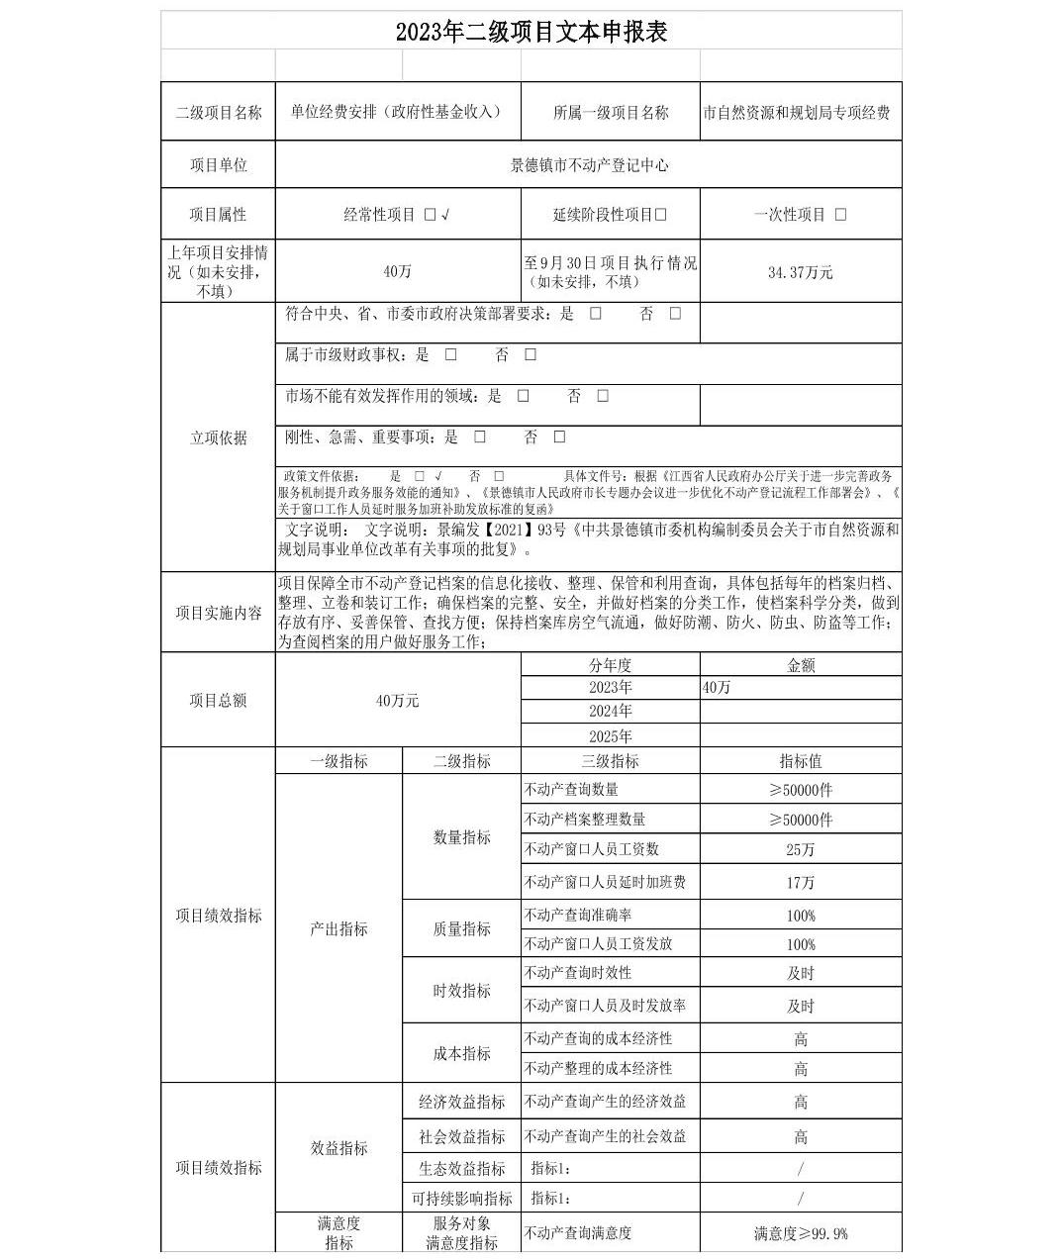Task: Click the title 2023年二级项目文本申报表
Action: [531, 32]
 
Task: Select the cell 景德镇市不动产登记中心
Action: [589, 165]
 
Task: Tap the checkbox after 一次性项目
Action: [840, 215]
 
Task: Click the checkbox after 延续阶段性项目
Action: [661, 215]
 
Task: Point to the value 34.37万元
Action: [800, 272]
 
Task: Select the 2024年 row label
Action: [610, 712]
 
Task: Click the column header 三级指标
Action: [610, 761]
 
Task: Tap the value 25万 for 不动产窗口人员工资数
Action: [800, 849]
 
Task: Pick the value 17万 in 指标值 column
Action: [800, 882]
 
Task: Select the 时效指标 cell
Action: [461, 990]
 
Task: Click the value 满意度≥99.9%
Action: [800, 1233]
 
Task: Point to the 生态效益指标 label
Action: [461, 1169]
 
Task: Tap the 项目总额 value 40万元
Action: [398, 701]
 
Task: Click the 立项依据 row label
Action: [218, 437]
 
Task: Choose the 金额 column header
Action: [800, 666]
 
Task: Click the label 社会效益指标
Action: [461, 1136]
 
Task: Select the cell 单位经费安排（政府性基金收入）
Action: [397, 112]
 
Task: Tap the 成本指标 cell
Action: [461, 1053]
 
